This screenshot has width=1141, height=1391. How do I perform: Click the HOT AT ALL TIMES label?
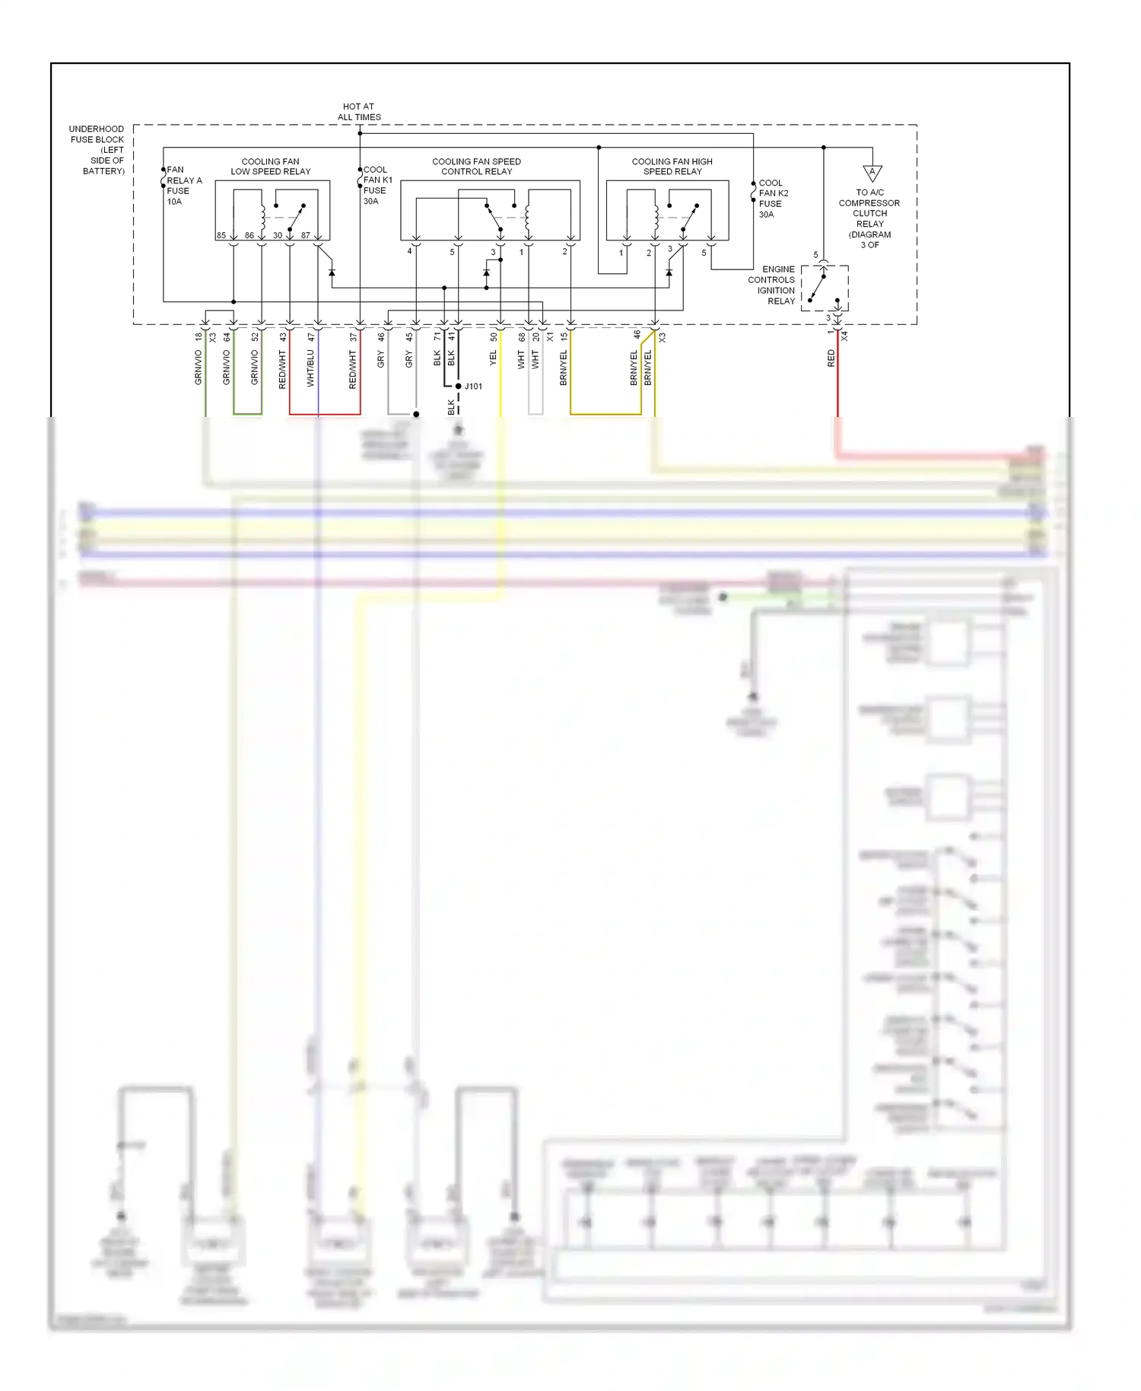359,112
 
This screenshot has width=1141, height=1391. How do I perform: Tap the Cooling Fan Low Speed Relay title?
270,167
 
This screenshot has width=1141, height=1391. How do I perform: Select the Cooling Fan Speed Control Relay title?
476,167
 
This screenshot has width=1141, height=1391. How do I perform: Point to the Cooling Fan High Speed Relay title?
672,167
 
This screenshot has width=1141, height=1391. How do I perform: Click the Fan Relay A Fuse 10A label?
183,186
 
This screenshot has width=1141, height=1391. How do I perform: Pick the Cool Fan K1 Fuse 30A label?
377,186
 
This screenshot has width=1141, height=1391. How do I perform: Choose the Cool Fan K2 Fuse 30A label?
773,199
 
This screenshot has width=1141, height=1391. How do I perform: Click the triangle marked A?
872,173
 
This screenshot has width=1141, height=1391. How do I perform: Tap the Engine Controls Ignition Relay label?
772,285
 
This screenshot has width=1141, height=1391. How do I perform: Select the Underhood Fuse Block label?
97,150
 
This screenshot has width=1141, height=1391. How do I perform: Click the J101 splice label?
473,387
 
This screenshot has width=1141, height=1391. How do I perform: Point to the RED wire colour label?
831,358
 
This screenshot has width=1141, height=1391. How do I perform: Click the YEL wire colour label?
493,358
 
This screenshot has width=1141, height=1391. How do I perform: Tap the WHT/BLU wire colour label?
310,368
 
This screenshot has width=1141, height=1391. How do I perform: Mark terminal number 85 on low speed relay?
221,236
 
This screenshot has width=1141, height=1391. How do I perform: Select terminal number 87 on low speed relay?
305,236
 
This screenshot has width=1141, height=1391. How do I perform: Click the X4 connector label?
844,336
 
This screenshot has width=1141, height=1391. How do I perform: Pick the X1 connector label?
550,336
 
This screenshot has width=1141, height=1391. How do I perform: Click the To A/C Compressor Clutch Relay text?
869,218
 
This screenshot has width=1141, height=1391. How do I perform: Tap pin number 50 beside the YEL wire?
493,336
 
